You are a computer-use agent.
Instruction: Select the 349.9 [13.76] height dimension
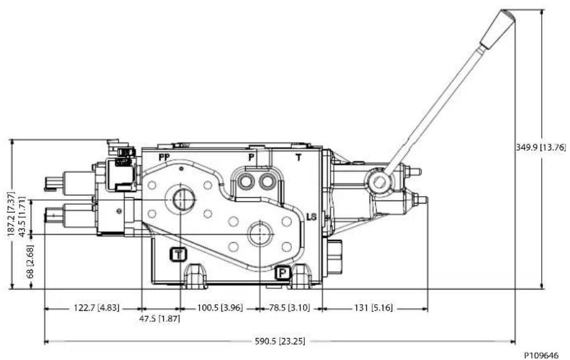541,147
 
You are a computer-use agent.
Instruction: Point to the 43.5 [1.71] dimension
22,217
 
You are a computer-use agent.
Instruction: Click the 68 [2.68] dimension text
30,262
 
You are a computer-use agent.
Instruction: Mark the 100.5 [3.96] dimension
220,308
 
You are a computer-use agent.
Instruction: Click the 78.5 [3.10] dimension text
290,308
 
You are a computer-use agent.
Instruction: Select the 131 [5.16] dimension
374,308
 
